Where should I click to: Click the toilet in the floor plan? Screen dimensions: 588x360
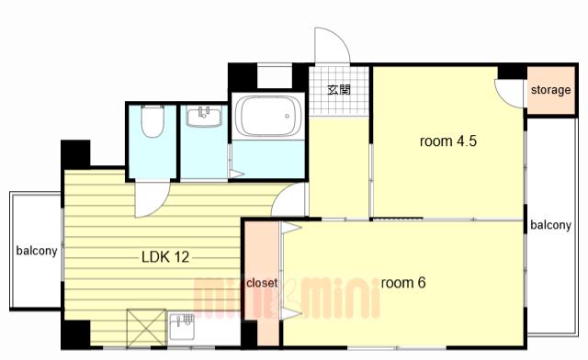pyautogui.click(x=153, y=121)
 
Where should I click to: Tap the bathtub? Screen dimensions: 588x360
pyautogui.click(x=267, y=116)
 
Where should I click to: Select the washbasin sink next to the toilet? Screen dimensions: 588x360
pyautogui.click(x=204, y=117)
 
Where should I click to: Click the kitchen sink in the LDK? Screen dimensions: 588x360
pyautogui.click(x=182, y=326)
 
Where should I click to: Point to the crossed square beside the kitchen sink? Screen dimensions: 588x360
pyautogui.click(x=146, y=328)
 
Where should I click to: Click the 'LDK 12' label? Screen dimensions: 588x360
pyautogui.click(x=165, y=257)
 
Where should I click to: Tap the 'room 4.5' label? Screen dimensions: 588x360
pyautogui.click(x=447, y=141)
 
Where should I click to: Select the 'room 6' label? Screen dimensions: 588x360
pyautogui.click(x=403, y=282)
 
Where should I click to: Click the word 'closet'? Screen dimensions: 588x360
pyautogui.click(x=262, y=282)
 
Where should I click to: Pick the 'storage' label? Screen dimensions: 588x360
pyautogui.click(x=551, y=90)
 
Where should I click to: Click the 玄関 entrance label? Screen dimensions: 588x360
pyautogui.click(x=339, y=90)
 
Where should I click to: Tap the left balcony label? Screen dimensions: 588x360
pyautogui.click(x=37, y=251)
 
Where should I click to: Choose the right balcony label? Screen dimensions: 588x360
pyautogui.click(x=551, y=225)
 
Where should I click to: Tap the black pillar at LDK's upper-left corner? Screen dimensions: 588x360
pyautogui.click(x=75, y=153)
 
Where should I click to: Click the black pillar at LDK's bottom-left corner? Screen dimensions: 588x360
pyautogui.click(x=75, y=334)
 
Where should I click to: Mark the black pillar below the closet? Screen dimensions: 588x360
pyautogui.click(x=249, y=334)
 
